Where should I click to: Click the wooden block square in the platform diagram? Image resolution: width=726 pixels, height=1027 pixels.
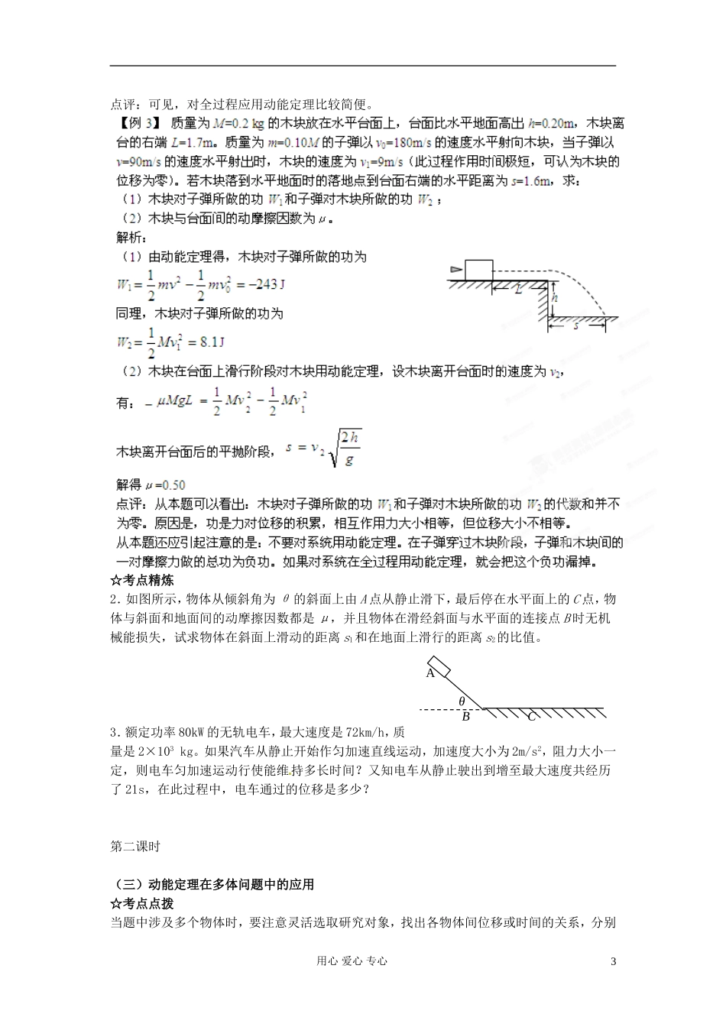coord(478,269)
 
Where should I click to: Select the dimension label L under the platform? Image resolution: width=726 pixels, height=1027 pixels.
coord(518,290)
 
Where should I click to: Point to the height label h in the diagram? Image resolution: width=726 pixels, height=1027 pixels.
coord(556,298)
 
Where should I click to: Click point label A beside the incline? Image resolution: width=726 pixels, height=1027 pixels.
coord(430,673)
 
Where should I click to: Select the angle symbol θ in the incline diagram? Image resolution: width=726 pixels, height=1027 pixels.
coord(462,701)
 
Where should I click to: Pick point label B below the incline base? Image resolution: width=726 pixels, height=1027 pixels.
coord(465,717)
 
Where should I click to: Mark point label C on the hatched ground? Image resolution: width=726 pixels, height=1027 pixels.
coord(530,716)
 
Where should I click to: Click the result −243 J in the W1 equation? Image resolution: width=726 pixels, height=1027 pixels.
coord(261,284)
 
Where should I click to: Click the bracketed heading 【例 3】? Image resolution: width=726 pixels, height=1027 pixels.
coord(138,122)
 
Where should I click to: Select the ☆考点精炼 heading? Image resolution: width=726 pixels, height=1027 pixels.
coord(142,581)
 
